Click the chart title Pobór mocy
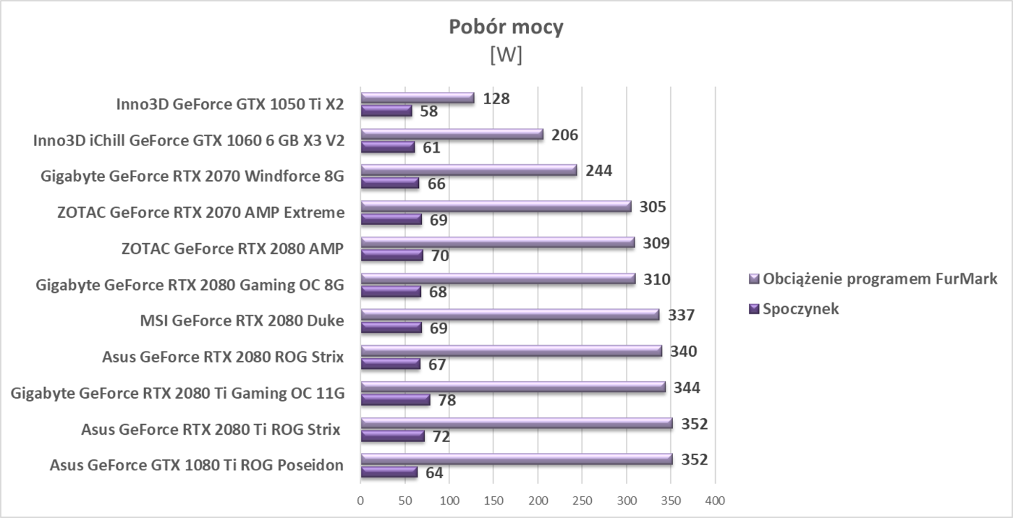coord(506,27)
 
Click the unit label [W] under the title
coord(506,55)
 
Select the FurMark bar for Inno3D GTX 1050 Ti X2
coord(418,98)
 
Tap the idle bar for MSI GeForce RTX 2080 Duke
coord(391,328)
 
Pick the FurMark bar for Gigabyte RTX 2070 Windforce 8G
coord(469,170)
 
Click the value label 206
coord(564,135)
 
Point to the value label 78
coord(447,400)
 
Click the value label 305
coord(652,207)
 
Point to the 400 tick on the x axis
coord(715,501)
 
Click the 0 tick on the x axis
coord(360,501)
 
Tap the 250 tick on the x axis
coord(582,501)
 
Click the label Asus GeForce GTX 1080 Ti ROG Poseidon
coord(196,465)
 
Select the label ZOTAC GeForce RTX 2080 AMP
coord(232,249)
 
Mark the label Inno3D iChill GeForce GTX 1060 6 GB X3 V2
coord(189,140)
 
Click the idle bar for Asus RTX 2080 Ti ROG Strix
coord(392,436)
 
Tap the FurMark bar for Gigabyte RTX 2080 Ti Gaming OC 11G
coord(513,387)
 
